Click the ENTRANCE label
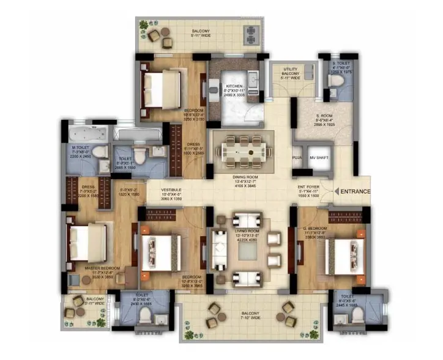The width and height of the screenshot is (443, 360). coord(356,191)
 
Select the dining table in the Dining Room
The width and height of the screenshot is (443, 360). coord(239,149)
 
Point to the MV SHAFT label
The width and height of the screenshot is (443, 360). coord(319,156)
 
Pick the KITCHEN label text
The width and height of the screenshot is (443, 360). coord(234,87)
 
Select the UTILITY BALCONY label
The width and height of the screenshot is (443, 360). coord(290,73)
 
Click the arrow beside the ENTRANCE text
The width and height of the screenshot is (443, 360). coord(336,191)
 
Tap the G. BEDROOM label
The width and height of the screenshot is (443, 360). coord(315,229)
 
